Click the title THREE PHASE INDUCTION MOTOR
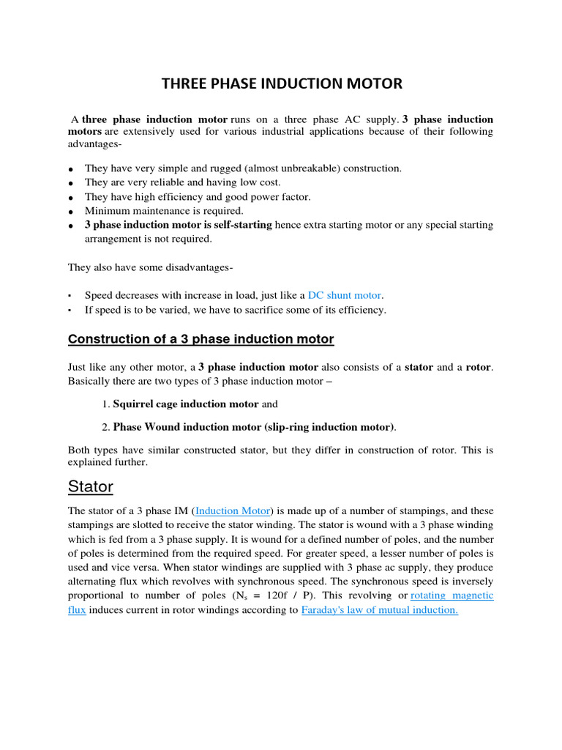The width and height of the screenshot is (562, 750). [x=282, y=83]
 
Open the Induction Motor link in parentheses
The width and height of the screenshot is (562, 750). [x=233, y=510]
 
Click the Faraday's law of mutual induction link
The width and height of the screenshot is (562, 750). [x=379, y=609]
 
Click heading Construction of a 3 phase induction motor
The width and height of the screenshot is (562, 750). [x=201, y=339]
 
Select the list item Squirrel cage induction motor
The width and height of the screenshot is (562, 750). [x=186, y=404]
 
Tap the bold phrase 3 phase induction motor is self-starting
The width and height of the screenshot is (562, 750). [x=178, y=225]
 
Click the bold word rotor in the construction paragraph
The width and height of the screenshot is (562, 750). [x=479, y=367]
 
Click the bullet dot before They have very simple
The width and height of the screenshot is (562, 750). [x=71, y=169]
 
